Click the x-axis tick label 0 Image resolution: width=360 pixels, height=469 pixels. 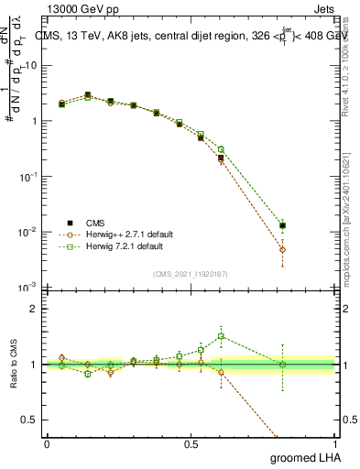pos(47,442)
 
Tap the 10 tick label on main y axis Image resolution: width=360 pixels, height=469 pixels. pos(32,66)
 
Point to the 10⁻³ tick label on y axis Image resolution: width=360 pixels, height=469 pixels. pos(29,287)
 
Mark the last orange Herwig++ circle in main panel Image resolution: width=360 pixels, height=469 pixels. pos(283,249)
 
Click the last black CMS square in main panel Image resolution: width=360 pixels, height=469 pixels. pos(283,225)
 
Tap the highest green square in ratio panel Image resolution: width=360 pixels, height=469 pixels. pos(221,336)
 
